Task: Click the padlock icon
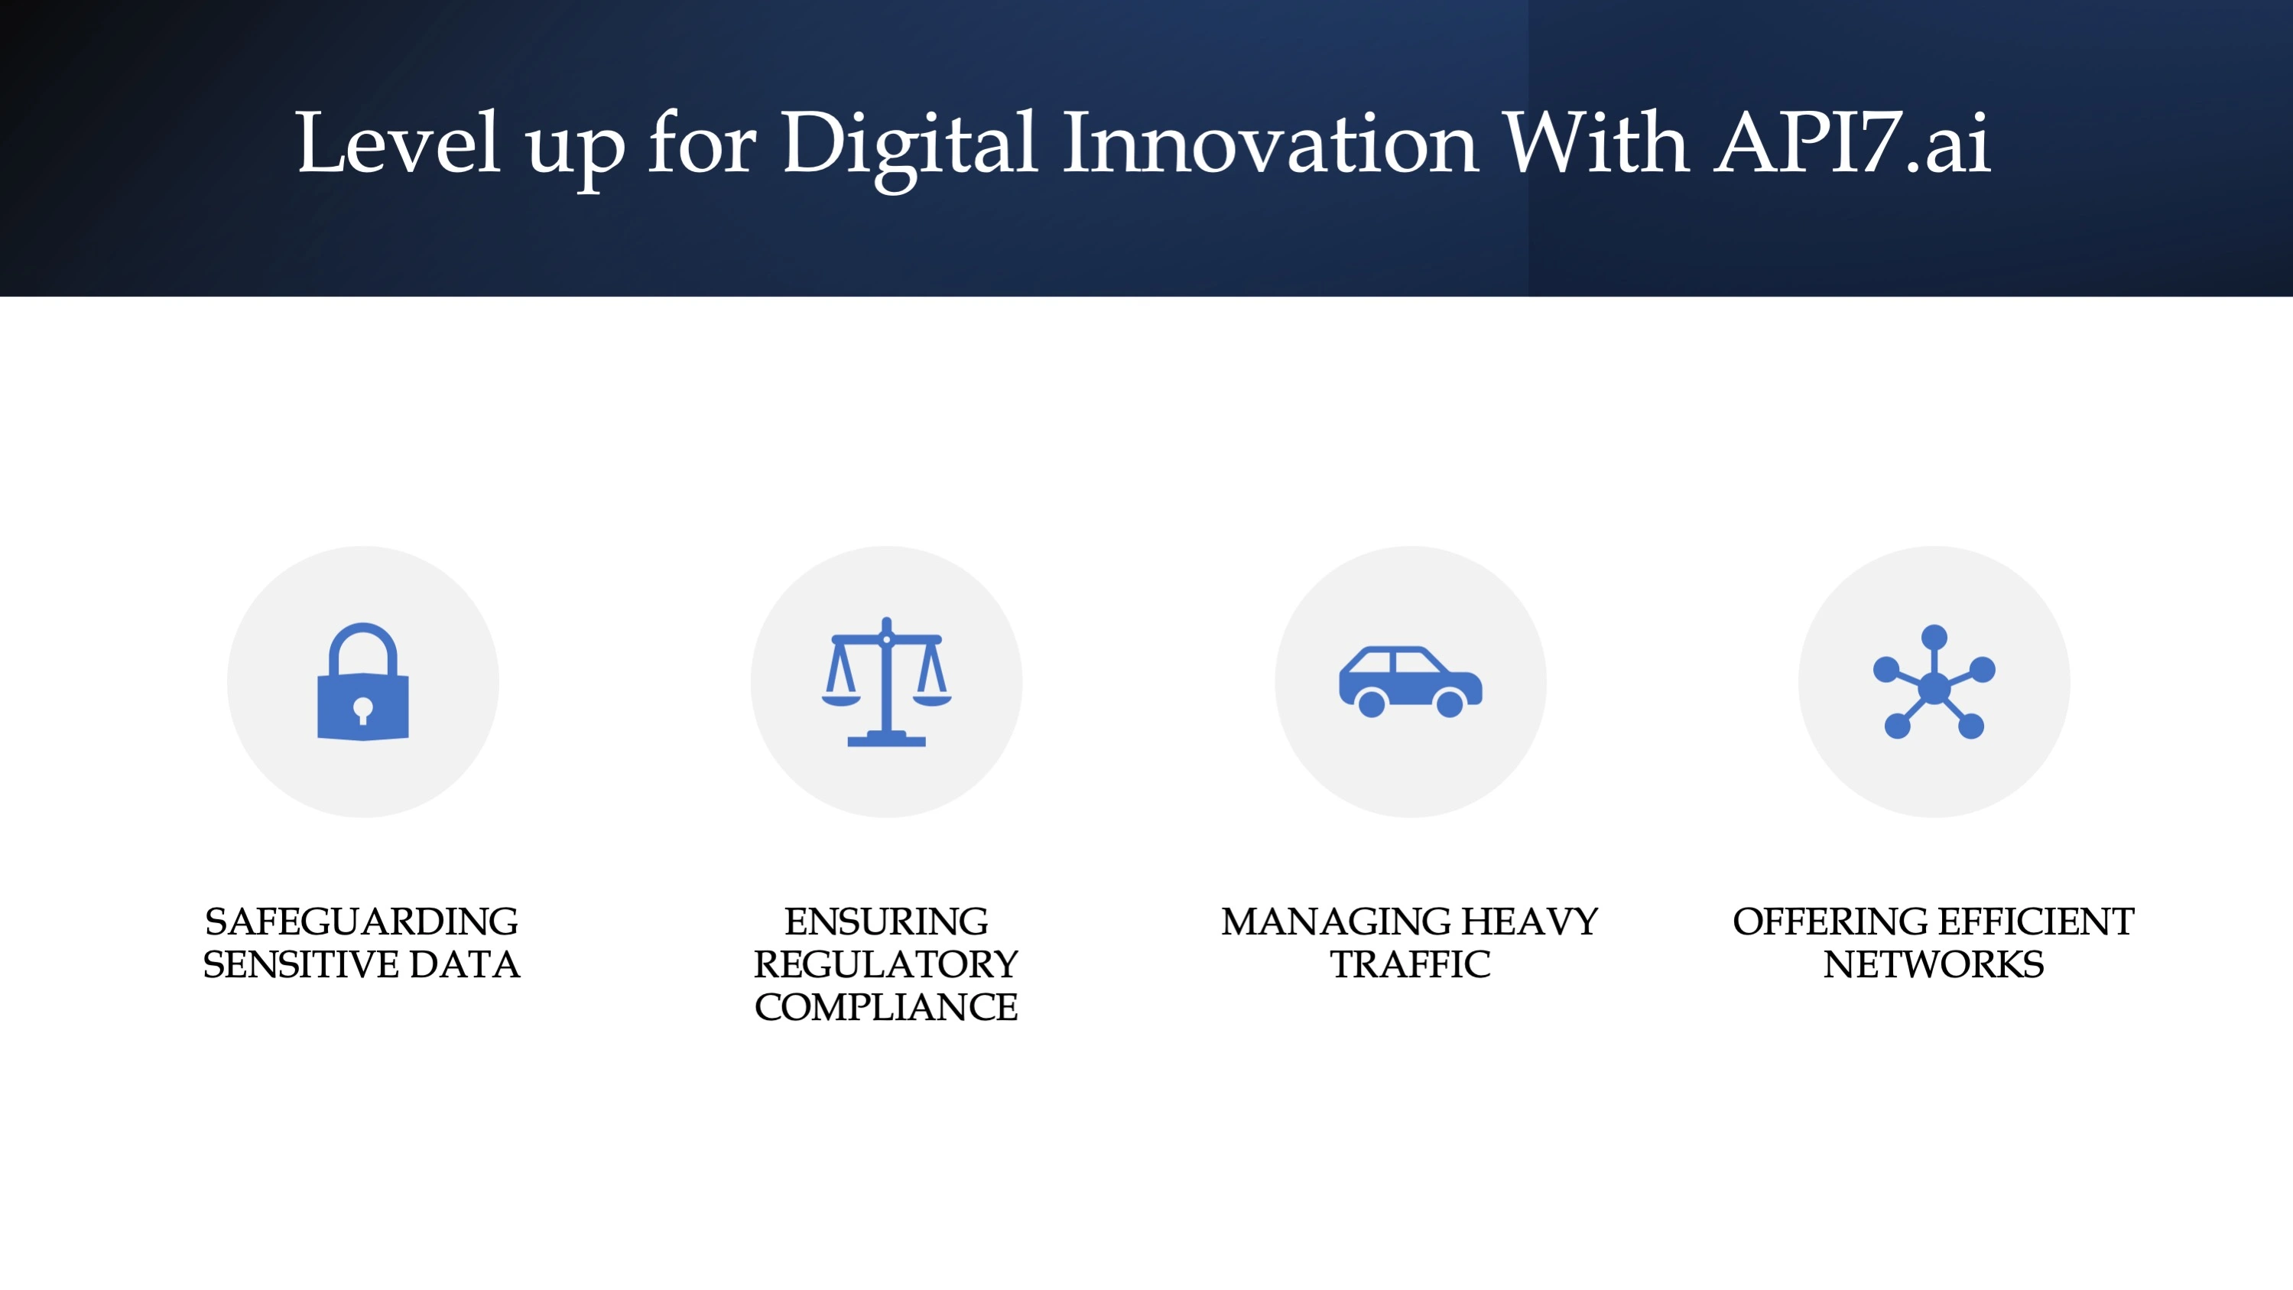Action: pyautogui.click(x=363, y=681)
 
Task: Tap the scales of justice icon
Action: pyautogui.click(x=887, y=682)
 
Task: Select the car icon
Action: pyautogui.click(x=1411, y=681)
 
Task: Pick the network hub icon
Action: pyautogui.click(x=1934, y=682)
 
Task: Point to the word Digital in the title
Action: pyautogui.click(x=909, y=147)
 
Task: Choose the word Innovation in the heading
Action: pyautogui.click(x=1270, y=142)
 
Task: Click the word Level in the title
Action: pyautogui.click(x=397, y=142)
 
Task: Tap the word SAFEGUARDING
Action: pyautogui.click(x=362, y=921)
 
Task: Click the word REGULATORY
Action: pyautogui.click(x=887, y=964)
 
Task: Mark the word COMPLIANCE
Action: pyautogui.click(x=887, y=1007)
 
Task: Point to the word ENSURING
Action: pyautogui.click(x=887, y=921)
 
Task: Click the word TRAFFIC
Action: pyautogui.click(x=1411, y=964)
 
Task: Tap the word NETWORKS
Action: pyautogui.click(x=1934, y=964)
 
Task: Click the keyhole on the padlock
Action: pyautogui.click(x=363, y=711)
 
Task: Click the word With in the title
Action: pyautogui.click(x=1596, y=142)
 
